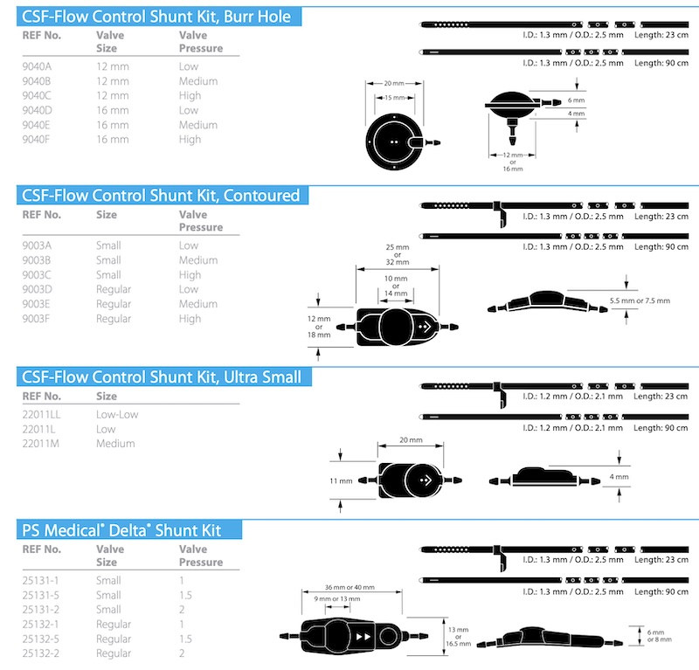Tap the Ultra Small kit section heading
[163, 376]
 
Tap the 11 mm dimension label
[341, 481]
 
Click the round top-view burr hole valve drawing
[394, 142]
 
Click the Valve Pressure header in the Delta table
[201, 556]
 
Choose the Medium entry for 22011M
[115, 444]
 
